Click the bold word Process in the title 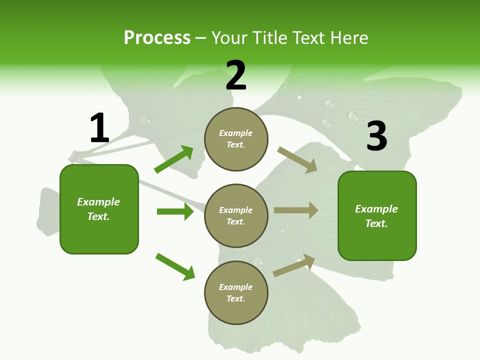157,37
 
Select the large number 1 99,128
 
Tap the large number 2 236,75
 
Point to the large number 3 376,136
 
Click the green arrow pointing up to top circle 173,159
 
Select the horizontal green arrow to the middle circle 175,211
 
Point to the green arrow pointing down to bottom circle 175,266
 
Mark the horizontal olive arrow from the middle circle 296,210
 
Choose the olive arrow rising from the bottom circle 294,265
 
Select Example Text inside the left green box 98,209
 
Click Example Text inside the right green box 376,216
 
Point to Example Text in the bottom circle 236,292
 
